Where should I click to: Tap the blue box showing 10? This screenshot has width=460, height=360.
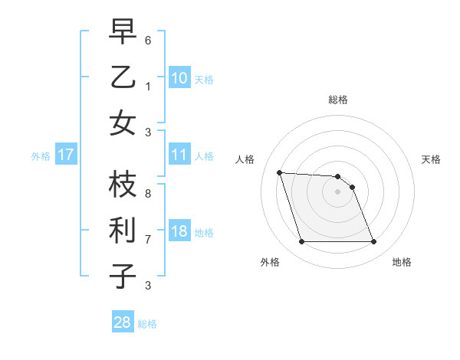(x=179, y=77)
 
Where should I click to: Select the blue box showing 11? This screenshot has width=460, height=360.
(x=179, y=155)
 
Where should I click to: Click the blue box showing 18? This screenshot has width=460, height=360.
(x=179, y=232)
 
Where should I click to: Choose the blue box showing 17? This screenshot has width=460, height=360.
(x=66, y=155)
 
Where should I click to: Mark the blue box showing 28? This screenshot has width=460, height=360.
(x=123, y=322)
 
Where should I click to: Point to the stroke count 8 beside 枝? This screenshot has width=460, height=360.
(x=148, y=193)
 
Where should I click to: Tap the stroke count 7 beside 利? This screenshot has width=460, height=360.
(x=148, y=239)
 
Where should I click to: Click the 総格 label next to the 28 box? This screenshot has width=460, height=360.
(x=147, y=324)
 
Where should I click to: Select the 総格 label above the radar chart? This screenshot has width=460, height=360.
(x=338, y=100)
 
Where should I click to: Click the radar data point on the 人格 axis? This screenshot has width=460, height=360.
(x=280, y=172)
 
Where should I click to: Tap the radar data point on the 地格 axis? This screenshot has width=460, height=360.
(x=373, y=242)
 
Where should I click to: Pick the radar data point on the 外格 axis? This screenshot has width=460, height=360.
(x=301, y=242)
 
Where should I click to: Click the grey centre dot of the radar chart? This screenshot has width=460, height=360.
(x=338, y=191)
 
